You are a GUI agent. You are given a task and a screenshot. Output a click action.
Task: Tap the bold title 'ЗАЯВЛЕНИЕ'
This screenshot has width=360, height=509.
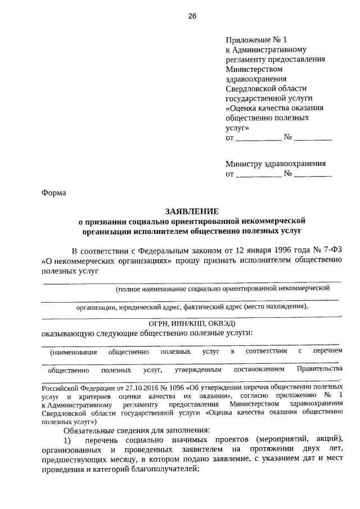tap(191, 211)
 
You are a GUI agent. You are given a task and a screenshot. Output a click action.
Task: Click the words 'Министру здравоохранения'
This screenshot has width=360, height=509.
tap(276, 164)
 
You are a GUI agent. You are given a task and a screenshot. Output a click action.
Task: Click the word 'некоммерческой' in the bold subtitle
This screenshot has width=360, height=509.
tap(272, 221)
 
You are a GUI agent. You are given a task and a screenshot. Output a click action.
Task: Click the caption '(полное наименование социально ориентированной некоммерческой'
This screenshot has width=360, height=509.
tap(222, 289)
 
